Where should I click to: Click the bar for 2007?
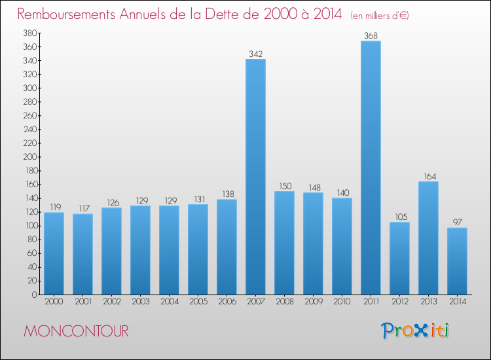point(255,177)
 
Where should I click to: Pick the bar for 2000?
point(54,253)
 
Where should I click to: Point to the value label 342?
point(255,53)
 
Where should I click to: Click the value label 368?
point(371,35)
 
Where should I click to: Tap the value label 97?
point(457,222)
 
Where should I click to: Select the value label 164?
point(428,176)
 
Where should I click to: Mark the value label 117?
point(82,208)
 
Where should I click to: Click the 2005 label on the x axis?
point(198,302)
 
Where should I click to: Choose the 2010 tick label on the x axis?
point(342,302)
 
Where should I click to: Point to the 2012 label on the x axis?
point(399,302)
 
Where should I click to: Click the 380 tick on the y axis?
point(29,33)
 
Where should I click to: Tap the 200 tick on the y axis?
point(29,157)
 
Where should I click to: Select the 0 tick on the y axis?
point(33,295)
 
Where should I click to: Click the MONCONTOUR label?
point(77,331)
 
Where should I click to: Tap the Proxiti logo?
point(415,331)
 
